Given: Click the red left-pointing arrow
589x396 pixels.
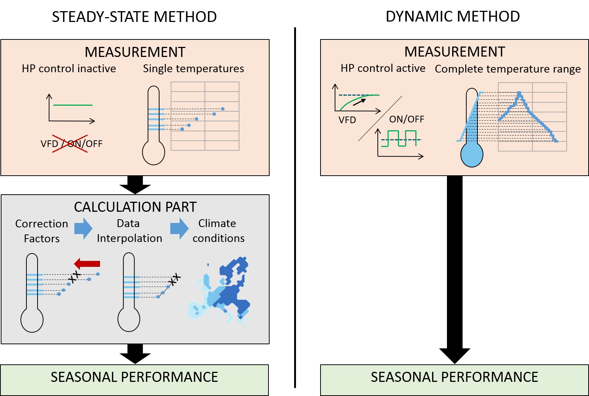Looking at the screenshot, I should (87, 264).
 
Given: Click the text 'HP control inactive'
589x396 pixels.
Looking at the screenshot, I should (69, 69).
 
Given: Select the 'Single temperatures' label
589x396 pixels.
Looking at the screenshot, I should (193, 69).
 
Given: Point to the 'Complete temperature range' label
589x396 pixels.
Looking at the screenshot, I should (508, 69).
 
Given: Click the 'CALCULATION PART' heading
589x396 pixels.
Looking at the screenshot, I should (135, 207).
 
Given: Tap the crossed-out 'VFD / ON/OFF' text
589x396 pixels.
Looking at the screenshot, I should (71, 144).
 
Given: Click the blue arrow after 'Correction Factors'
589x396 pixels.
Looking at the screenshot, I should (83, 228).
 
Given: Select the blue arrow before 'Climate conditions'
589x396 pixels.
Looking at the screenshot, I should (180, 228).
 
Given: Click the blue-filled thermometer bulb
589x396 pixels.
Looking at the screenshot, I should (472, 155).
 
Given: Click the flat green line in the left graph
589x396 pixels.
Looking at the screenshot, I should (73, 105).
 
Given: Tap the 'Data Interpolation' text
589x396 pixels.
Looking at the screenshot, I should (129, 231).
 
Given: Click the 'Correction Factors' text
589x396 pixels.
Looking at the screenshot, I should (42, 231).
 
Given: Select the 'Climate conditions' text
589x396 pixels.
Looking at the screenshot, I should (218, 231).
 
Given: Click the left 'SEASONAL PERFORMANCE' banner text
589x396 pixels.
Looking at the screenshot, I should (134, 377).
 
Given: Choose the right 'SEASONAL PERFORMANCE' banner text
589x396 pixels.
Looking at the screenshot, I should (454, 377).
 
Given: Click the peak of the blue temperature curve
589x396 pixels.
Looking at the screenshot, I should (519, 93).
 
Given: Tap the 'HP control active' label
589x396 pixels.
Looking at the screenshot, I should (383, 68).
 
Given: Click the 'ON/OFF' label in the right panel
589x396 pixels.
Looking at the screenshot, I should (406, 119).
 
